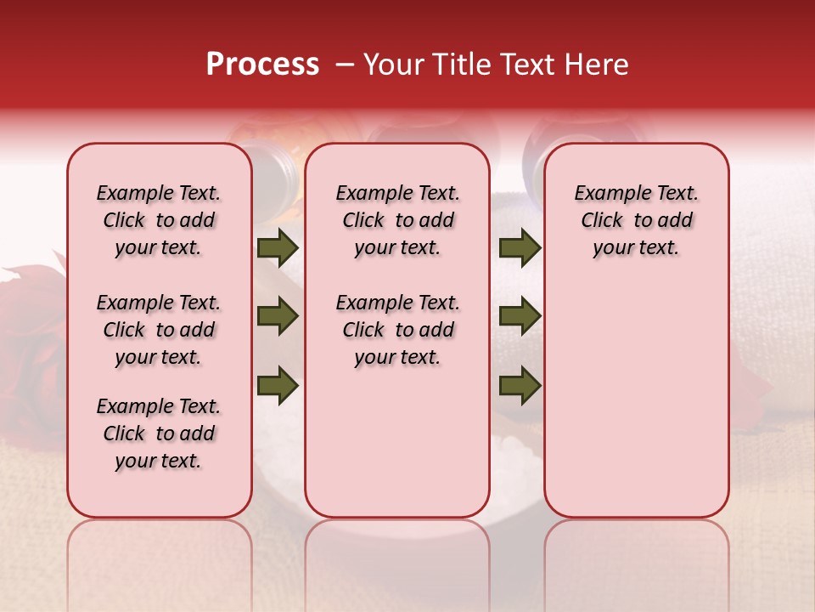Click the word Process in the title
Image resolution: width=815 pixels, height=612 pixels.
[262, 65]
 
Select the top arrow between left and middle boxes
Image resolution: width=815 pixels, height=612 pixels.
[278, 248]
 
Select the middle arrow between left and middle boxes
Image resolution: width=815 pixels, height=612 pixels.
[278, 317]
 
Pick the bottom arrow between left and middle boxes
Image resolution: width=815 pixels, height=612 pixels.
[278, 385]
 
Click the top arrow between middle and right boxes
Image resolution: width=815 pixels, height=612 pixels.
[520, 248]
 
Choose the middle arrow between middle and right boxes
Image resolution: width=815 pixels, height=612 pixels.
[520, 317]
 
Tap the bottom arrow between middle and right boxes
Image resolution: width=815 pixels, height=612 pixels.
[520, 385]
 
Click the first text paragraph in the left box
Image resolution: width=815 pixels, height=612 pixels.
[159, 220]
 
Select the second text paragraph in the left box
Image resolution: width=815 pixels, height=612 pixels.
[159, 330]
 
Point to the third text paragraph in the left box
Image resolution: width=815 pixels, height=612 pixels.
[159, 433]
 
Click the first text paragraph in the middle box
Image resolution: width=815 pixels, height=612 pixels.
[397, 220]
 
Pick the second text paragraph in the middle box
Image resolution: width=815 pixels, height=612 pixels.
[397, 330]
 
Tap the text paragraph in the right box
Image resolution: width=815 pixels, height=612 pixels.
[637, 220]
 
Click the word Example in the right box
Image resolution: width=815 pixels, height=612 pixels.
[606, 194]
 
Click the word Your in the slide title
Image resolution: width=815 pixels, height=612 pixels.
[391, 65]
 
